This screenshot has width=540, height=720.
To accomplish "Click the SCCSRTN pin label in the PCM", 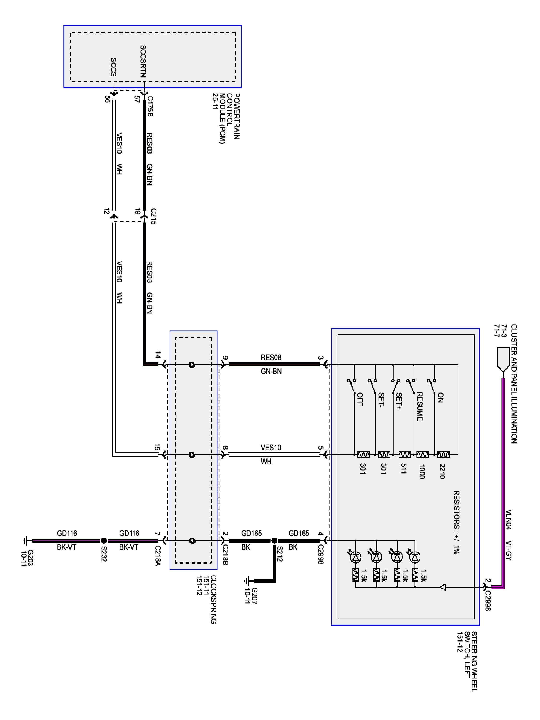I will pyautogui.click(x=143, y=61).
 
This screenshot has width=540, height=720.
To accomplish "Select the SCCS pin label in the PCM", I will pyautogui.click(x=114, y=67).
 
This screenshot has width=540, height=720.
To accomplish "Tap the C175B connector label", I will pyautogui.click(x=150, y=106).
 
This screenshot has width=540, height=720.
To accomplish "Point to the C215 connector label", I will pyautogui.click(x=154, y=216).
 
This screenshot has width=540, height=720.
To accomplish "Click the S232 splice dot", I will pyautogui.click(x=103, y=541).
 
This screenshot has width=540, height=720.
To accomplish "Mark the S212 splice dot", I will pyautogui.click(x=274, y=541).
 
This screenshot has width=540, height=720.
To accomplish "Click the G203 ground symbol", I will pyautogui.click(x=25, y=541).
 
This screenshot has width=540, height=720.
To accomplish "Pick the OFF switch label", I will pyautogui.click(x=360, y=399).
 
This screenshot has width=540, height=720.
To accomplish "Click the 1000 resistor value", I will pyautogui.click(x=421, y=472).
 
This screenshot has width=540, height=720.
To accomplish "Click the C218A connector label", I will pyautogui.click(x=157, y=556).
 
